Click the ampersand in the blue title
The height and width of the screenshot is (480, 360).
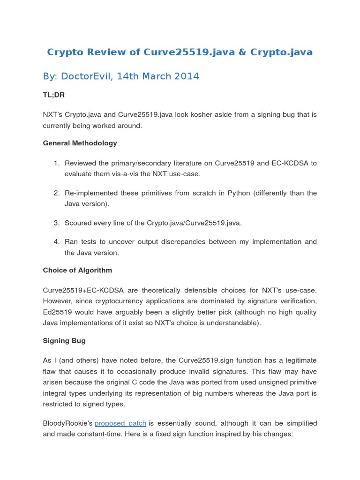pos(242,52)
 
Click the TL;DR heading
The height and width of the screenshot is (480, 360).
pos(53,95)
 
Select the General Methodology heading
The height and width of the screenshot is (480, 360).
pos(80,143)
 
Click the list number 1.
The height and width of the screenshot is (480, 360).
pos(56,163)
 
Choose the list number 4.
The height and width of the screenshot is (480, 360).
pos(56,242)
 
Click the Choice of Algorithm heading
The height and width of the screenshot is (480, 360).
pos(77,270)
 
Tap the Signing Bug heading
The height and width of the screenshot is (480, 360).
pos(64,341)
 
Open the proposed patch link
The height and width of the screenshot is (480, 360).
pos(120,423)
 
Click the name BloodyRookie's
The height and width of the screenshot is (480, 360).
pos(67,423)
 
